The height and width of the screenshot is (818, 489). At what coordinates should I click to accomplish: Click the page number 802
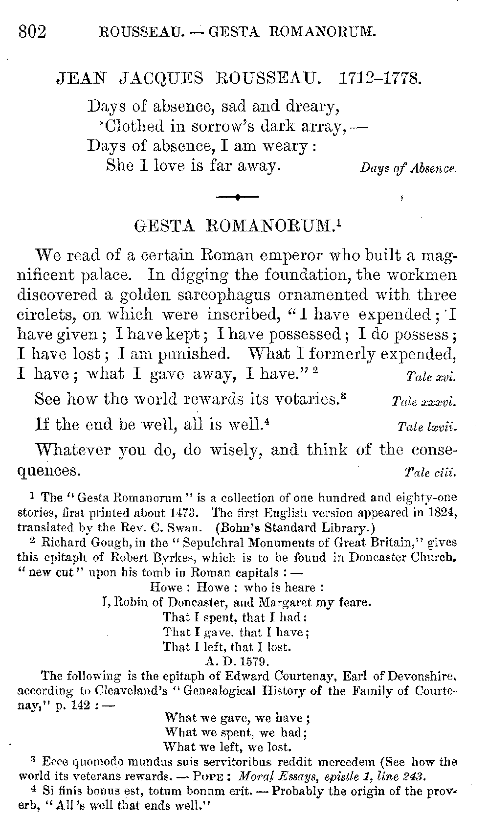tap(32, 32)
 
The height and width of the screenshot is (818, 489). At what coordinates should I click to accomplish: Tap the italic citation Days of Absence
tap(408, 168)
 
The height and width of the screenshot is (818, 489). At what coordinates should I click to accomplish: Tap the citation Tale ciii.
tap(430, 473)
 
